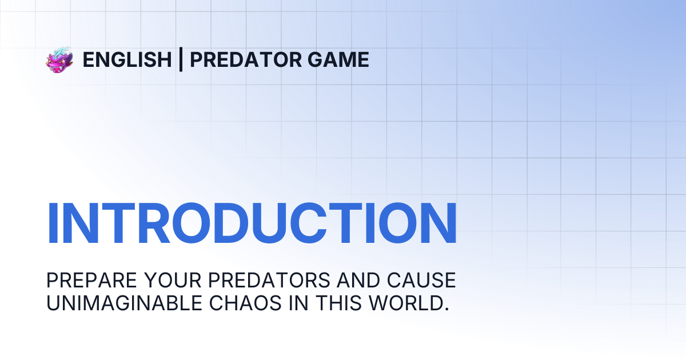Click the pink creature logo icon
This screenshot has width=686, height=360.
pos(59,60)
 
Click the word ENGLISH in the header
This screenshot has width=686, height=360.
pos(127,60)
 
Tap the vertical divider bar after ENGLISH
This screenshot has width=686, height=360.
pos(181,59)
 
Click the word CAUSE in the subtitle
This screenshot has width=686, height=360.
pos(421,281)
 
